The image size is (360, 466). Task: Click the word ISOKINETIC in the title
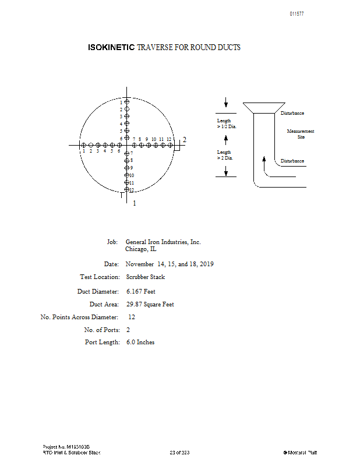pyautogui.click(x=111, y=47)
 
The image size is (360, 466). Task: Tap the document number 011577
pyautogui.click(x=297, y=14)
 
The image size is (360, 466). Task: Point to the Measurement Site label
pyautogui.click(x=301, y=134)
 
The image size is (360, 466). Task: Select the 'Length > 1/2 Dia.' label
pyautogui.click(x=226, y=123)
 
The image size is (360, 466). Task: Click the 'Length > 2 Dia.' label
pyautogui.click(x=225, y=154)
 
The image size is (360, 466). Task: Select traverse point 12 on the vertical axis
pyautogui.click(x=126, y=189)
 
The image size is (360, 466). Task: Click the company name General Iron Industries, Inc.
pyautogui.click(x=163, y=242)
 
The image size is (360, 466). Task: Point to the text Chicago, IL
pyautogui.click(x=140, y=249)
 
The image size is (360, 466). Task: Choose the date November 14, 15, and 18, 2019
pyautogui.click(x=170, y=264)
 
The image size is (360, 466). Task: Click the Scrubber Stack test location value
pyautogui.click(x=146, y=277)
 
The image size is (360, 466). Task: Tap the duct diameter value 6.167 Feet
pyautogui.click(x=141, y=291)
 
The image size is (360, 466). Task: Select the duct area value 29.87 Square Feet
pyautogui.click(x=150, y=304)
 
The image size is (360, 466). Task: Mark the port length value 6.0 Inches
pyautogui.click(x=140, y=343)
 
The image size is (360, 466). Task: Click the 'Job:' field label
pyautogui.click(x=113, y=242)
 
